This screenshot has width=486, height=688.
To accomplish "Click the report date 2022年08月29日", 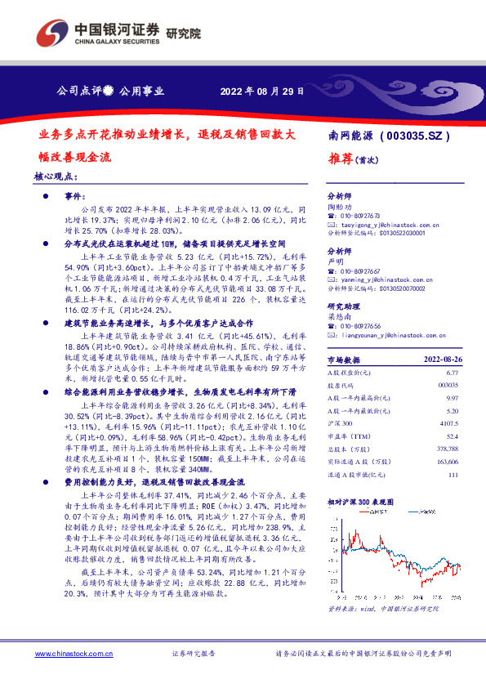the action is click(x=262, y=92).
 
